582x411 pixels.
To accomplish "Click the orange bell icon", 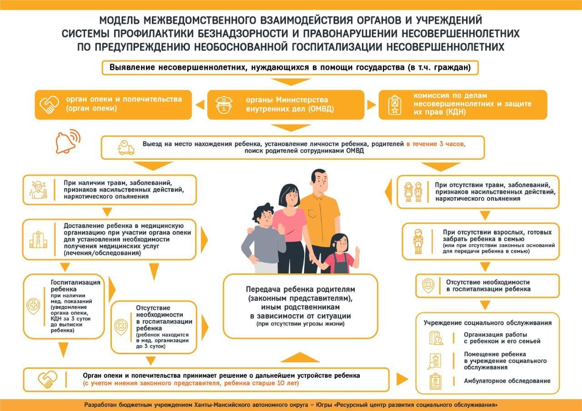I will (66, 142).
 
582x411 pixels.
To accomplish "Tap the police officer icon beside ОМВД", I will (223, 105).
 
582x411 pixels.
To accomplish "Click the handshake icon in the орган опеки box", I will (50, 105).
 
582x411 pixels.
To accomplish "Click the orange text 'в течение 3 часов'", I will (436, 144).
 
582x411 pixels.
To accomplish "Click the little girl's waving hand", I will (357, 251).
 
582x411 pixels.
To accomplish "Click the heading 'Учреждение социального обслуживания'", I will (487, 323).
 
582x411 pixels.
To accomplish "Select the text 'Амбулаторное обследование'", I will (507, 381).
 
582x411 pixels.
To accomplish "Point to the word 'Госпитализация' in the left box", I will (75, 282).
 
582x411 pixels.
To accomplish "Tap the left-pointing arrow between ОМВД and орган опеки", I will (200, 105).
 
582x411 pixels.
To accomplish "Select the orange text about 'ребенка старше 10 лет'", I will (191, 384).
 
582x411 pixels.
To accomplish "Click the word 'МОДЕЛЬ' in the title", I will (120, 21).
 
